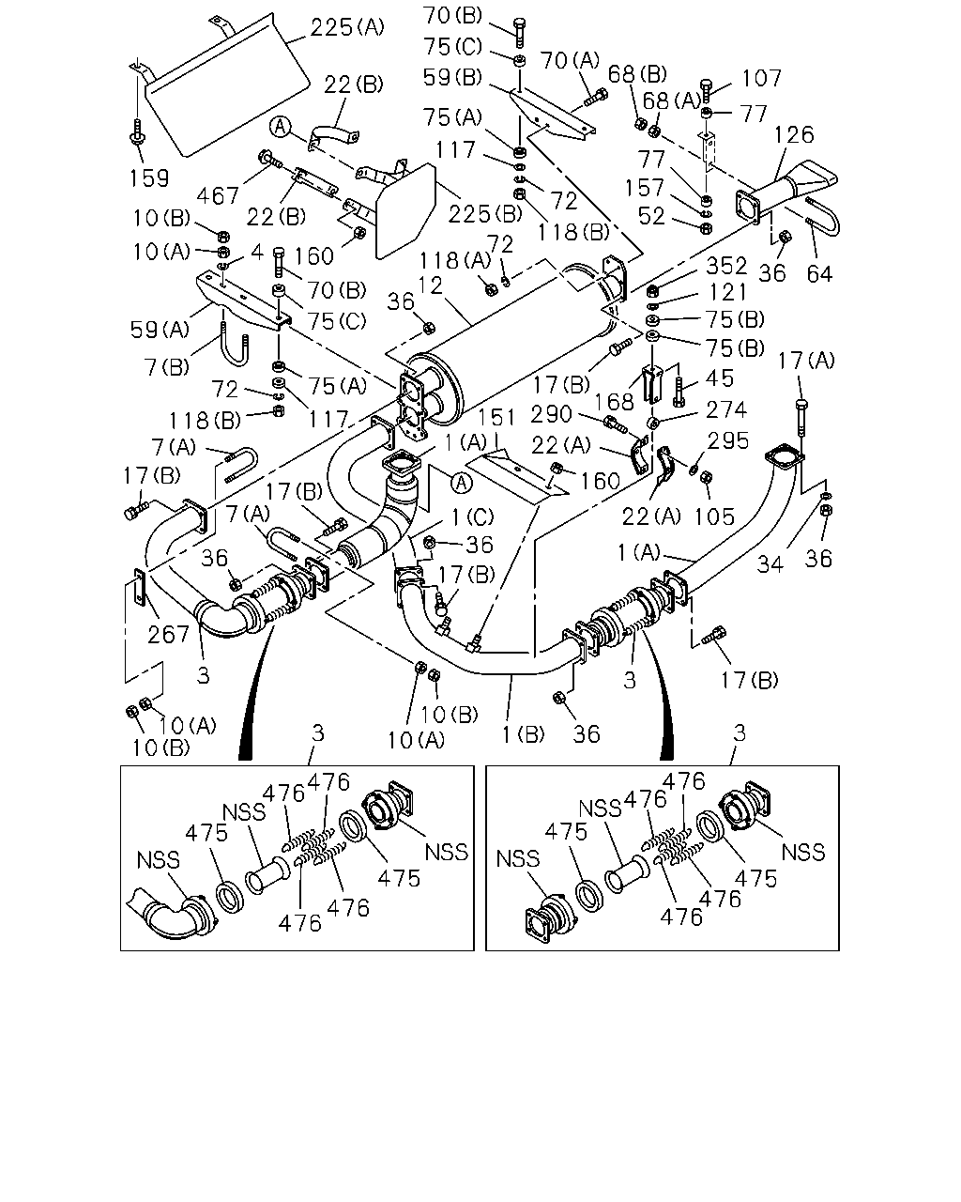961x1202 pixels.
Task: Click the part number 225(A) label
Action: click(347, 27)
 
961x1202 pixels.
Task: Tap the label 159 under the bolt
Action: click(149, 178)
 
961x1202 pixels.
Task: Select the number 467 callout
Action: click(218, 195)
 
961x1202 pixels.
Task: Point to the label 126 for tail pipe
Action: click(793, 134)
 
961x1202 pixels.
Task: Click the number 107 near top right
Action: click(762, 78)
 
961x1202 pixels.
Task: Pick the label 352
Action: click(726, 266)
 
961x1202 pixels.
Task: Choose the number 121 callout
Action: click(726, 292)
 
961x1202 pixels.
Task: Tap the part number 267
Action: click(169, 634)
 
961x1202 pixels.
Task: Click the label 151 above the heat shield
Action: click(497, 417)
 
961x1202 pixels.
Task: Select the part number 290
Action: click(551, 414)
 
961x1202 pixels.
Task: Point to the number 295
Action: click(727, 440)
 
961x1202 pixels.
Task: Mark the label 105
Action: click(714, 516)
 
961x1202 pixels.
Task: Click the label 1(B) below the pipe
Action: click(524, 734)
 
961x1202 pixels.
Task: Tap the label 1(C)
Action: click(472, 517)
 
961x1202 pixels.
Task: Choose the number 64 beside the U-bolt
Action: click(819, 273)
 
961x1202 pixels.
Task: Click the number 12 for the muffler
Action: click(430, 285)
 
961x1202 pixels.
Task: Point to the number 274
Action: click(726, 410)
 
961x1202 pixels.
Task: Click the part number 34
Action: click(770, 564)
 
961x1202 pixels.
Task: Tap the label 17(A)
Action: click(806, 361)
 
